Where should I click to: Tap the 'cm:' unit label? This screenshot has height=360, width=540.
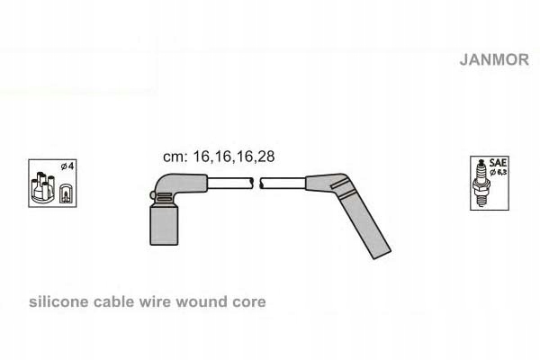point(174,156)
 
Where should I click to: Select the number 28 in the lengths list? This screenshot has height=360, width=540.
point(265,156)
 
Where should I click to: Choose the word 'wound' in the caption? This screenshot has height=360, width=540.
point(202,302)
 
